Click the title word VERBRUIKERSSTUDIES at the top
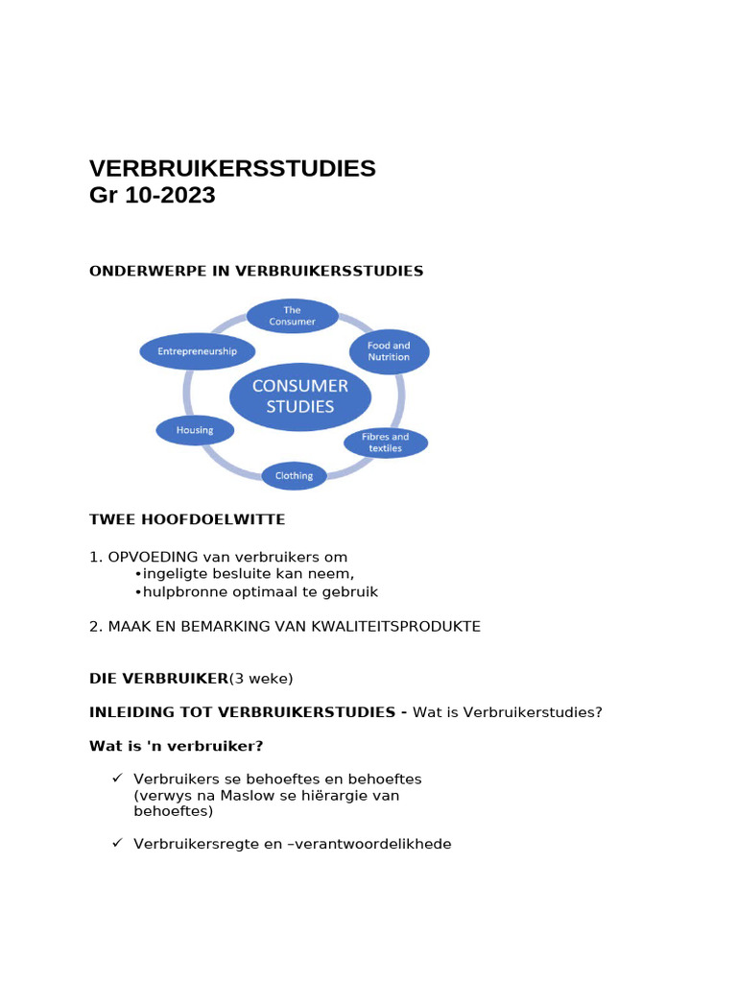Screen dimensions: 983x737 point(232,169)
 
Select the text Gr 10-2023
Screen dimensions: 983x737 point(152,196)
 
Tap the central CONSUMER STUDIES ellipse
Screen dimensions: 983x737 point(299,396)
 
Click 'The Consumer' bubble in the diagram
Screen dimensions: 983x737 point(293,316)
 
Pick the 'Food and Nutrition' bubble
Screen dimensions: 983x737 point(388,351)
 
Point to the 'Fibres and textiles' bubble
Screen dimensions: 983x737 point(386,443)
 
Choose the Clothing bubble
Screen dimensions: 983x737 point(294,475)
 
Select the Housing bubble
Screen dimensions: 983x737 point(195,430)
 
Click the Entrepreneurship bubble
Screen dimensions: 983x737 point(198,351)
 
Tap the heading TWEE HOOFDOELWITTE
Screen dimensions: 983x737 point(187,519)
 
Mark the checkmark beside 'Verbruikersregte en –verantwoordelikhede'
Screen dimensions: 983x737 point(117,843)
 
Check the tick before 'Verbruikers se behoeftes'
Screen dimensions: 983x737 point(117,778)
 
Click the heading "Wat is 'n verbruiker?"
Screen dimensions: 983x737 point(176,746)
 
